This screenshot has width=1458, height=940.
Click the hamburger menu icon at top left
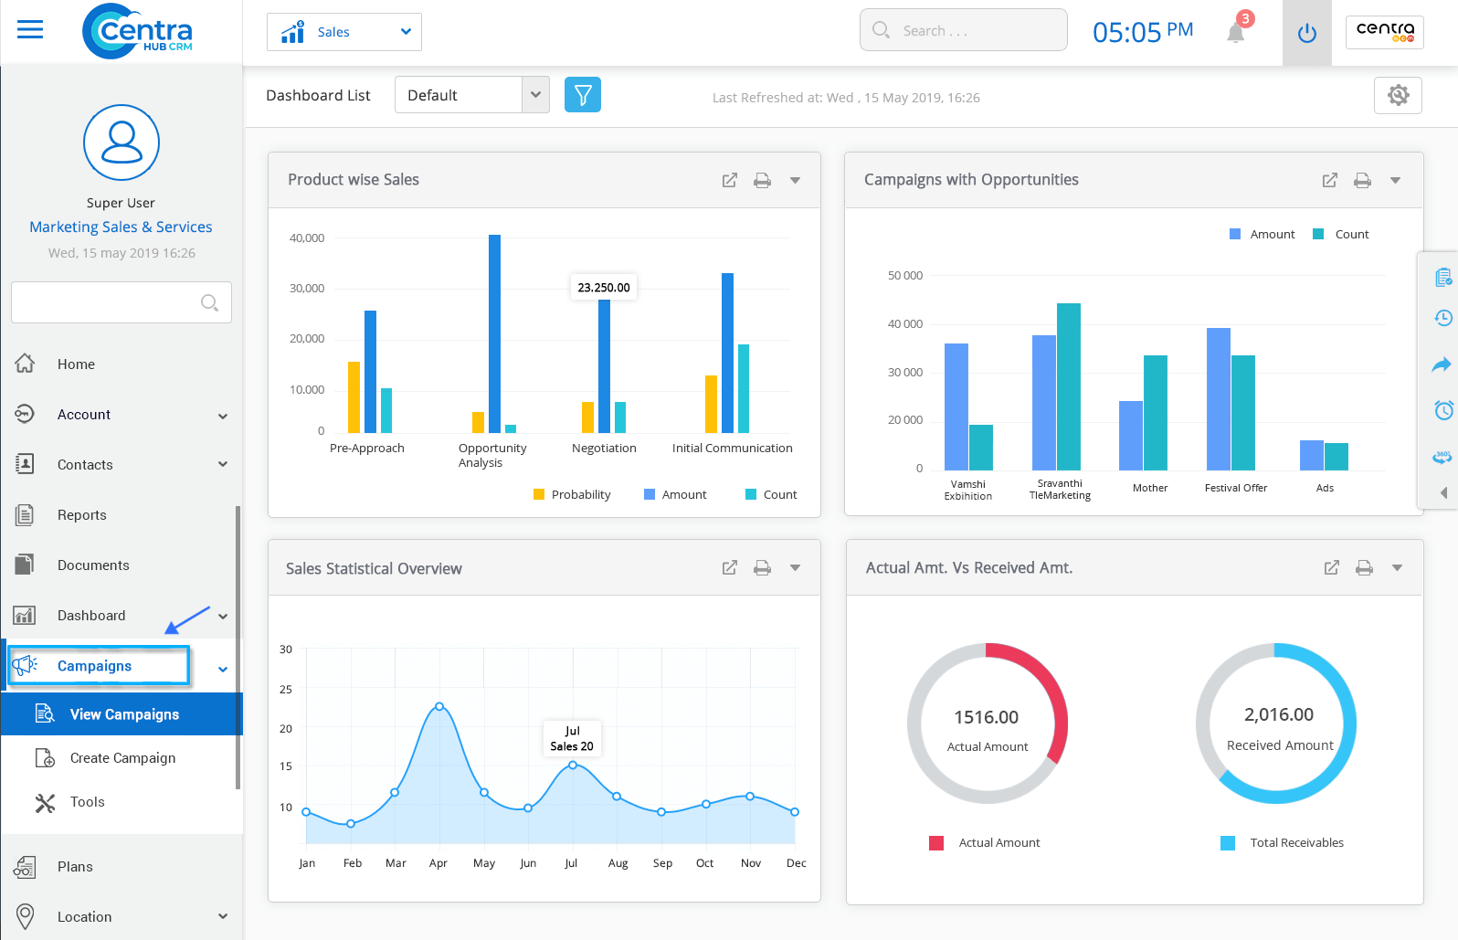click(30, 30)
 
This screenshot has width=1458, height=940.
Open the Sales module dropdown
click(344, 32)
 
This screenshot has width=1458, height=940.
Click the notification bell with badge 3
click(1236, 33)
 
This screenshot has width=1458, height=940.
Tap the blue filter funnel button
click(583, 95)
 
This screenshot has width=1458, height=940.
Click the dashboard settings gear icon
click(1398, 95)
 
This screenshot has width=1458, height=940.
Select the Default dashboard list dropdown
click(471, 95)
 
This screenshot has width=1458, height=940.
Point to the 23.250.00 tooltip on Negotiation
click(604, 287)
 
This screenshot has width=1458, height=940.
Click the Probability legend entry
click(572, 494)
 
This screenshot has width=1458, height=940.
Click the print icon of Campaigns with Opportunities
click(1362, 180)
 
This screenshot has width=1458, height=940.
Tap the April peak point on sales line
click(439, 706)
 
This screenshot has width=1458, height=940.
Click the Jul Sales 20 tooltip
click(572, 738)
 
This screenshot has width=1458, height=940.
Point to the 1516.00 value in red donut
click(986, 717)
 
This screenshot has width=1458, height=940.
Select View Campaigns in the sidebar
click(123, 714)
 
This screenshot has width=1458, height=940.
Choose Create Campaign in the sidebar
click(122, 758)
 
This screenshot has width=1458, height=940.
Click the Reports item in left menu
click(81, 515)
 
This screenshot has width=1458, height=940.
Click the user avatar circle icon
click(121, 143)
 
